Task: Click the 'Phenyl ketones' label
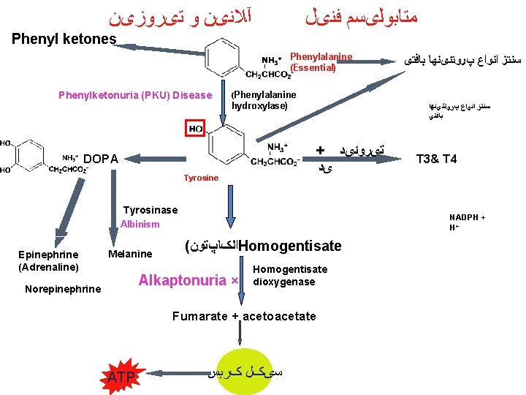pyautogui.click(x=64, y=39)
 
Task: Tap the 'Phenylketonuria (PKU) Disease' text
pyautogui.click(x=134, y=95)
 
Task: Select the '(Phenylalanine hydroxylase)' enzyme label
pyautogui.click(x=264, y=100)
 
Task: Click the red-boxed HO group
pyautogui.click(x=196, y=129)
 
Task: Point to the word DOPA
pyautogui.click(x=102, y=159)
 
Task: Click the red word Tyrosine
pyautogui.click(x=201, y=178)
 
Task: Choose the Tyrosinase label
pyautogui.click(x=150, y=210)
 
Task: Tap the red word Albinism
pyautogui.click(x=140, y=224)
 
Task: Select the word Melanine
pyautogui.click(x=130, y=254)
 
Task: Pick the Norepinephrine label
pyautogui.click(x=63, y=289)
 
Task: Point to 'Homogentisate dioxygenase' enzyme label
pyautogui.click(x=289, y=276)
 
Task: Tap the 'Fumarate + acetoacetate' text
pyautogui.click(x=244, y=316)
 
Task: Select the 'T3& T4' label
pyautogui.click(x=436, y=158)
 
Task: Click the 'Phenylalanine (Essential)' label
pyautogui.click(x=321, y=62)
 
